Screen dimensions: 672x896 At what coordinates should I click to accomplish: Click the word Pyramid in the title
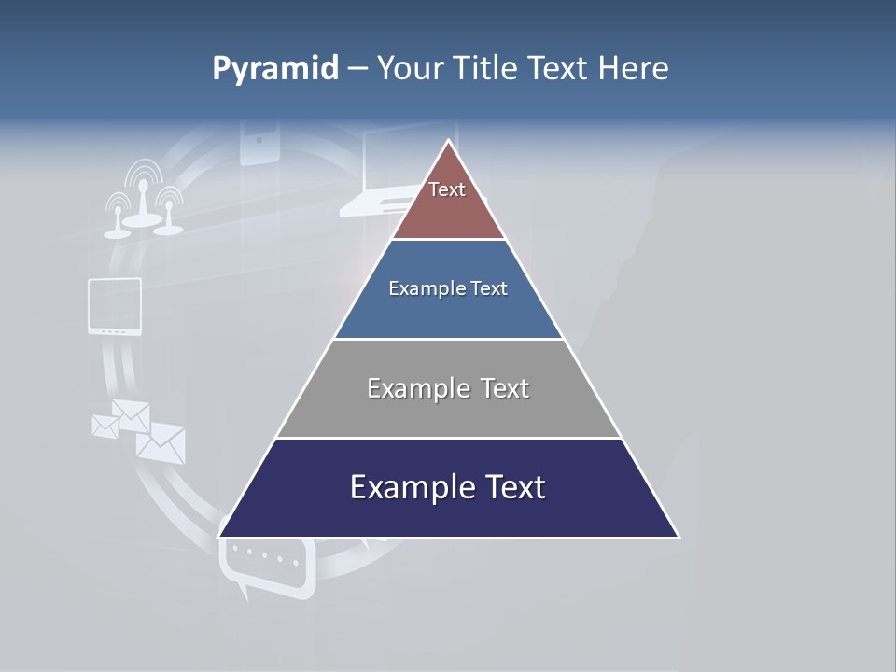(274, 69)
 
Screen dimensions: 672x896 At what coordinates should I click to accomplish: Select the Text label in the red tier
(447, 189)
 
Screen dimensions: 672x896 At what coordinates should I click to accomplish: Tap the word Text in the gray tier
(505, 388)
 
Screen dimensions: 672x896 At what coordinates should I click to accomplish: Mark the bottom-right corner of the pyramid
(678, 537)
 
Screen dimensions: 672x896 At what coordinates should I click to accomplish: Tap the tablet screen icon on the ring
(115, 305)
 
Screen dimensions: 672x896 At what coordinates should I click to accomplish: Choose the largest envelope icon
(161, 442)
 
